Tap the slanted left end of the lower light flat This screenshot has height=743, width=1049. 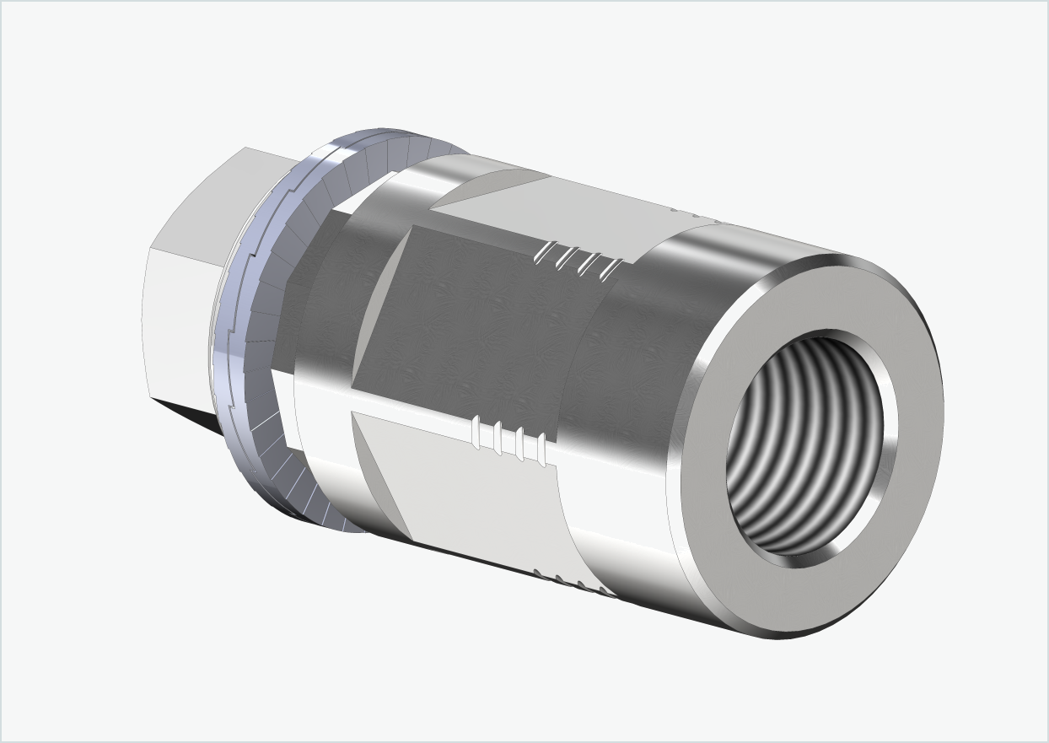click(379, 472)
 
